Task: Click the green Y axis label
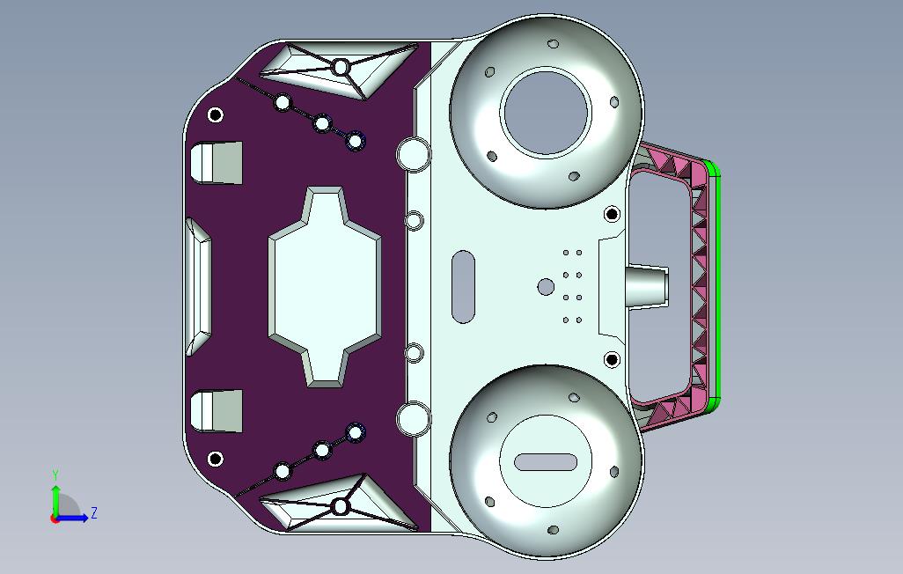click(x=55, y=475)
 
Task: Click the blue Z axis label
click(x=94, y=512)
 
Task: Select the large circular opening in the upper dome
click(x=546, y=113)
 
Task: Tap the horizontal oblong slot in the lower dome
click(x=546, y=461)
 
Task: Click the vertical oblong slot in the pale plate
click(x=463, y=286)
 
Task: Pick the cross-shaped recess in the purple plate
click(x=325, y=286)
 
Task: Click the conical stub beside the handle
click(x=646, y=286)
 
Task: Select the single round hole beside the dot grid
click(x=546, y=286)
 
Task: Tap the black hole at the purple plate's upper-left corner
click(x=216, y=114)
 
